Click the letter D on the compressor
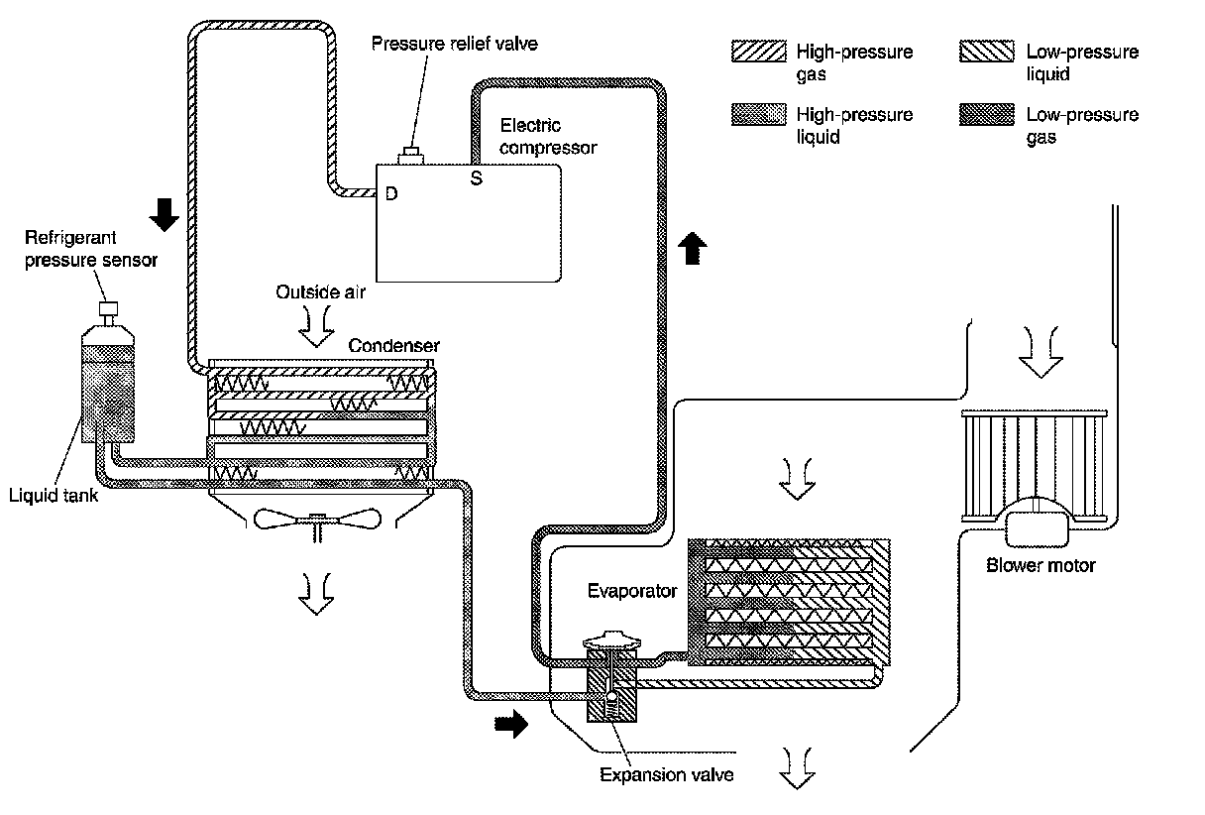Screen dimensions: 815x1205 click(391, 194)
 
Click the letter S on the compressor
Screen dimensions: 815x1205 click(476, 179)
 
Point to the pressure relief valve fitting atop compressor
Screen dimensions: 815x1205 click(409, 156)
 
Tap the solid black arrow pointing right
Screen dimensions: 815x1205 click(511, 726)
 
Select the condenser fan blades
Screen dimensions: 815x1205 click(318, 519)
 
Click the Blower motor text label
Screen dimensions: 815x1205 click(1041, 566)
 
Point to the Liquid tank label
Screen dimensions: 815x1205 click(55, 496)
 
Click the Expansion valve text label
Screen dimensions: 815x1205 click(667, 774)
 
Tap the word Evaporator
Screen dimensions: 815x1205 click(631, 592)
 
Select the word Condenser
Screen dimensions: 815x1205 click(394, 345)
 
